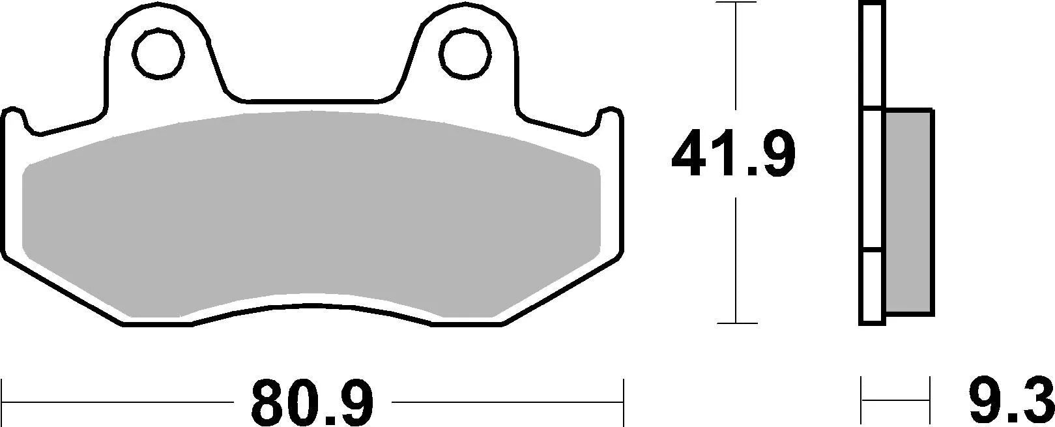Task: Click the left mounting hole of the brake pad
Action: [x=157, y=50]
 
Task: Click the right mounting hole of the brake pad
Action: [x=465, y=50]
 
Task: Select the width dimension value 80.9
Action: [x=313, y=402]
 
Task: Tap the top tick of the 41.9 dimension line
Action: [x=736, y=3]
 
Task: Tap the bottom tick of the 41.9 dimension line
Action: [x=736, y=322]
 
